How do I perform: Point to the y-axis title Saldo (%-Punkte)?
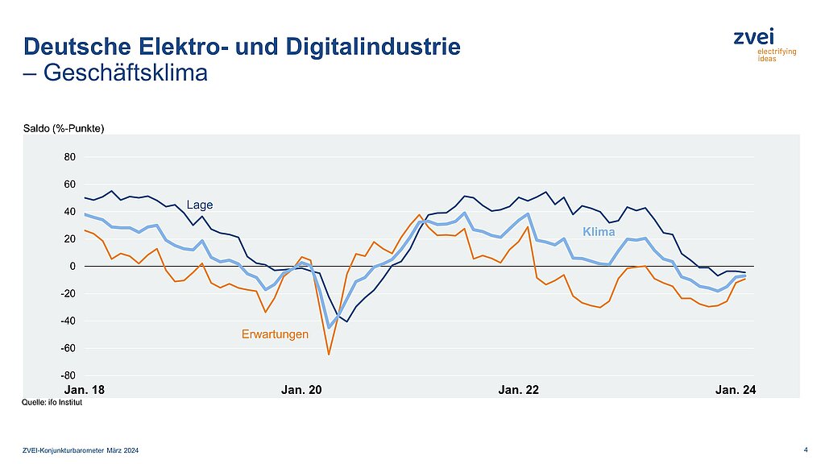65,129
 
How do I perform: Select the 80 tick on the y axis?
70,157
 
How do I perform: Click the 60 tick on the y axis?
70,184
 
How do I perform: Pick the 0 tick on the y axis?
73,266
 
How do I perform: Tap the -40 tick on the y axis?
68,321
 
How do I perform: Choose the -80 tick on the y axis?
68,375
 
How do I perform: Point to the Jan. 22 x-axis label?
519,390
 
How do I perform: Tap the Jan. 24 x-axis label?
736,390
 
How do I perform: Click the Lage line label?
200,205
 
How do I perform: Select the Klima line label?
599,232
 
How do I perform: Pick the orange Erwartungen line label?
275,333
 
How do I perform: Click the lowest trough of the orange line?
329,354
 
